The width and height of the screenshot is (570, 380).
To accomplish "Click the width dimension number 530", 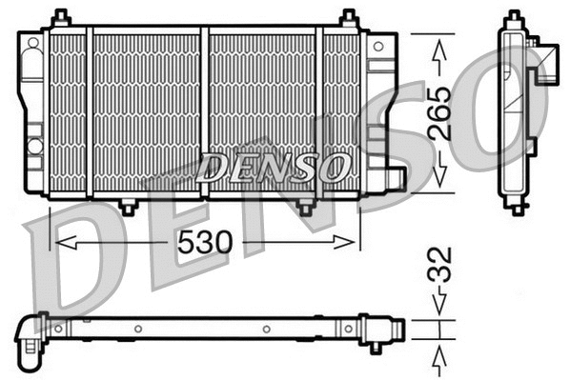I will point(205,243).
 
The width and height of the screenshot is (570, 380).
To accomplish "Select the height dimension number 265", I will point(439,114).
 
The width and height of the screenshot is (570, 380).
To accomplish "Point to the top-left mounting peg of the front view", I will point(61,18).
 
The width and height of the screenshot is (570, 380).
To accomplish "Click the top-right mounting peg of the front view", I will point(349,18).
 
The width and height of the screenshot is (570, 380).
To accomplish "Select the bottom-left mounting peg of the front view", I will point(127,206).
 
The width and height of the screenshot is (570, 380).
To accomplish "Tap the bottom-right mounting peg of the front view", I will point(304,206).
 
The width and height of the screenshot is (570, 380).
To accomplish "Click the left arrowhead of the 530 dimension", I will point(59,243).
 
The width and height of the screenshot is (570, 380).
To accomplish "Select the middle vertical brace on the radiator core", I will point(204,112).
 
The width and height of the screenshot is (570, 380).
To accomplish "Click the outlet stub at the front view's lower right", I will point(395,177).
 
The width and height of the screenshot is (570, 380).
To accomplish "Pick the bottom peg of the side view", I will point(516,207).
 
